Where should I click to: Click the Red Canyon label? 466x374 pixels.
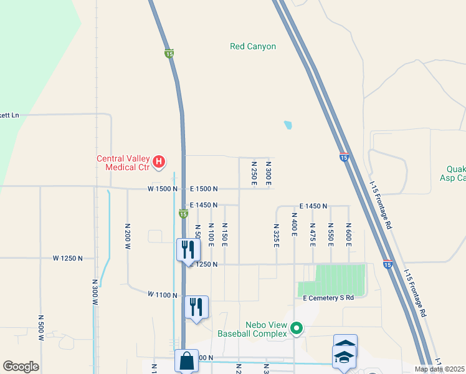252,46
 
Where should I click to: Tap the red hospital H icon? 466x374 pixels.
159,163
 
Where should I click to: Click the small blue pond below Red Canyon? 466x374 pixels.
287,125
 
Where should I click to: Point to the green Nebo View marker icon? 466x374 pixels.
297,327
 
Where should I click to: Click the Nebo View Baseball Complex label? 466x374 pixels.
252,329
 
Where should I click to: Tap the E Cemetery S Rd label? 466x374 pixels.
328,299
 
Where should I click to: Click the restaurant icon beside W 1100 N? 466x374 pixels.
197,307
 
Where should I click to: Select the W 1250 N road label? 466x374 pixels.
68,258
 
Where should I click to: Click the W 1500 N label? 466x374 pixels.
163,188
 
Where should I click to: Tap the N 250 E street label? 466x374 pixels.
254,173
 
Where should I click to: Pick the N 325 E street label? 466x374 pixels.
276,234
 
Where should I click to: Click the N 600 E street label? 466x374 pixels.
348,234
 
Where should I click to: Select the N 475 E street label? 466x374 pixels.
312,234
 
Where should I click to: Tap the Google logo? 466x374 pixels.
21,367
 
